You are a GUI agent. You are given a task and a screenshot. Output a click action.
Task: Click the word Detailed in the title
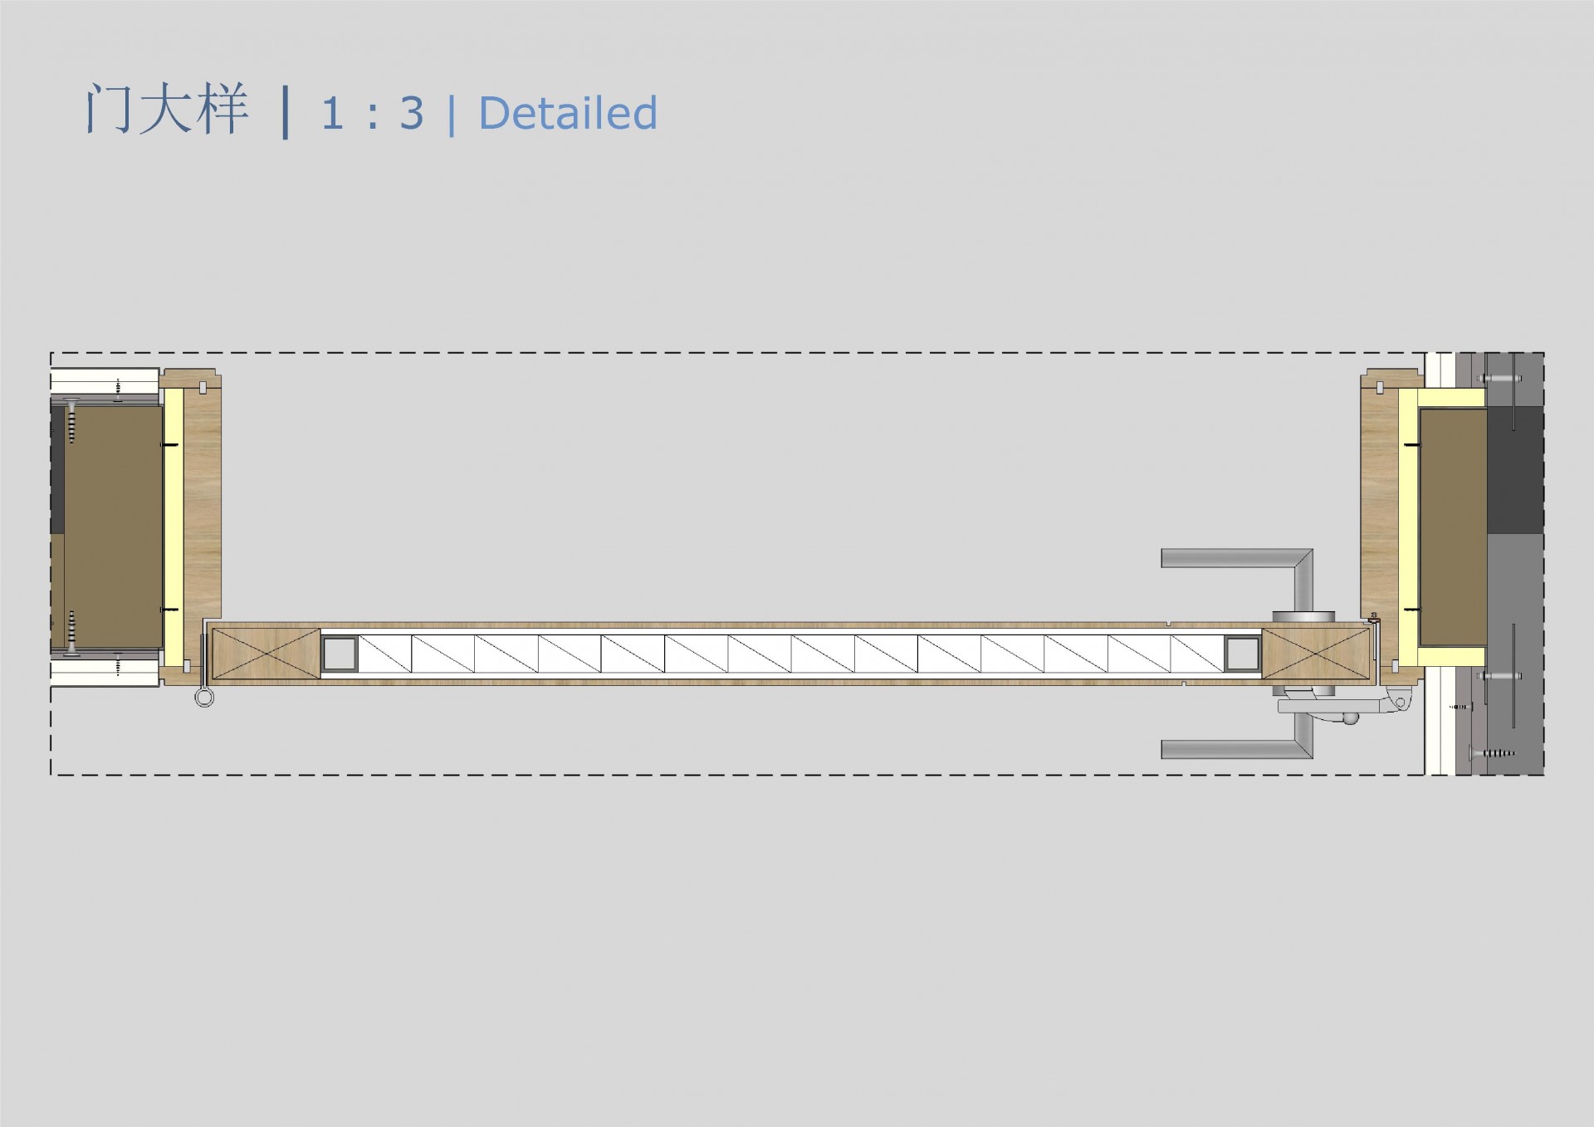pyautogui.click(x=568, y=113)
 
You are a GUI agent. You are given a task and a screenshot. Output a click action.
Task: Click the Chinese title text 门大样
pyautogui.click(x=166, y=109)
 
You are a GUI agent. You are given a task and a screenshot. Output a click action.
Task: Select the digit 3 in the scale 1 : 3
pyautogui.click(x=412, y=114)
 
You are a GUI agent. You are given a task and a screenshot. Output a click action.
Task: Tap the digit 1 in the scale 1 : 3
pyautogui.click(x=332, y=114)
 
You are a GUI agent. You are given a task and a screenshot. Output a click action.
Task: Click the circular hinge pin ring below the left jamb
pyautogui.click(x=204, y=698)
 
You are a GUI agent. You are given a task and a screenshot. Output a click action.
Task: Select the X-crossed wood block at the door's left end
pyautogui.click(x=266, y=654)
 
